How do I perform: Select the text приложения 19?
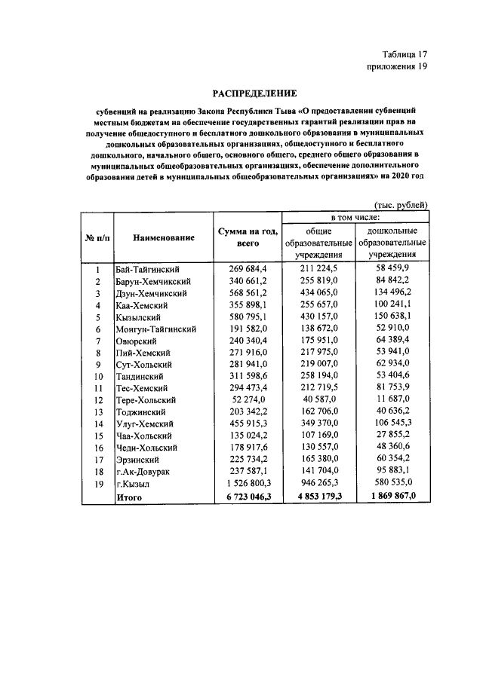tap(397, 67)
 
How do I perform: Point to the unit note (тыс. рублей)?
tap(401, 204)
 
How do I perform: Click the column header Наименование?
tap(164, 238)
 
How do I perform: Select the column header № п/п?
tap(97, 238)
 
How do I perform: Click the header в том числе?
tap(355, 217)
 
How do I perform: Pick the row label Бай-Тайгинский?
tap(148, 269)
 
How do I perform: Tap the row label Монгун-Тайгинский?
tap(156, 329)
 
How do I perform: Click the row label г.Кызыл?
tap(133, 485)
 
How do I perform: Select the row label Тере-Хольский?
tap(146, 400)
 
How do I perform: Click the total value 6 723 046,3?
tap(244, 497)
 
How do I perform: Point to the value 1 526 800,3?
tap(244, 485)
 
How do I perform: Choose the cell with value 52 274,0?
tap(246, 400)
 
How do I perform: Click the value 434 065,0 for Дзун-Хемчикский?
tap(319, 293)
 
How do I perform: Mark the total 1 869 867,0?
tap(392, 497)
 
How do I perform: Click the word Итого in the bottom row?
tap(129, 497)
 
